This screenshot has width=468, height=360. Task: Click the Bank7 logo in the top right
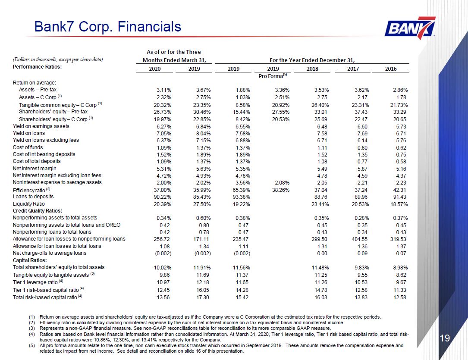tap(410, 28)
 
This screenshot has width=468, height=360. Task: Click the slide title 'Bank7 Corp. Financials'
tap(108, 27)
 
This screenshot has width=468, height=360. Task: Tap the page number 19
tap(445, 338)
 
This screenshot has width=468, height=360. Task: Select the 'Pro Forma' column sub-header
tap(273, 76)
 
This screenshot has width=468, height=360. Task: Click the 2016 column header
tap(391, 69)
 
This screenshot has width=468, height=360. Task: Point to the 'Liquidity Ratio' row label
tap(28, 204)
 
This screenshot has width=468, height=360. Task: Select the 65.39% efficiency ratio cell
tap(241, 190)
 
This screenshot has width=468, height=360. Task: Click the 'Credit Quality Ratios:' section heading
tap(37, 211)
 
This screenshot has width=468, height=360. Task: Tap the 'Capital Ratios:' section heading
tap(30, 260)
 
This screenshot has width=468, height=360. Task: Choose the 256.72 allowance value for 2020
tap(162, 239)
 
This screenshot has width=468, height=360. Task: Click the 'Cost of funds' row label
tap(28, 147)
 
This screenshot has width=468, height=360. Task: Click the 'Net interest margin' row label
tap(35, 169)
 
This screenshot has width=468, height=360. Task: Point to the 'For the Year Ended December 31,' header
tap(312, 60)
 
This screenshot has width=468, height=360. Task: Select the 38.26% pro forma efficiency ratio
tap(280, 190)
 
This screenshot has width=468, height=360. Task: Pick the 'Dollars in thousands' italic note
tap(58, 59)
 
